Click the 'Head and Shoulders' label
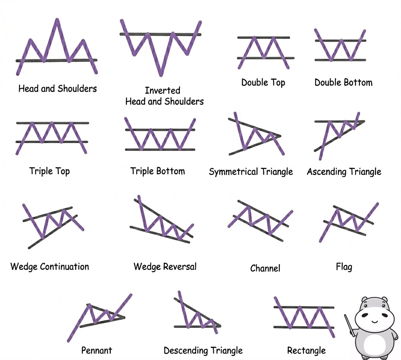click(57, 89)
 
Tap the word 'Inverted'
click(163, 90)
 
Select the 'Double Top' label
click(263, 83)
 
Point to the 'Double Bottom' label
click(344, 82)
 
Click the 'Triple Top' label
click(49, 171)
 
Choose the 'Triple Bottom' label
click(157, 171)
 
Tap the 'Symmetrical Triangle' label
click(251, 172)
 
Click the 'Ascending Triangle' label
click(344, 172)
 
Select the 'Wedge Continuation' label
click(50, 267)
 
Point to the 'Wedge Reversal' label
click(165, 267)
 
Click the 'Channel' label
click(265, 268)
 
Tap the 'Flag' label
click(344, 267)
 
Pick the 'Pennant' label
click(97, 350)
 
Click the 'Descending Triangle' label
click(203, 350)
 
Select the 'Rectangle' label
click(306, 350)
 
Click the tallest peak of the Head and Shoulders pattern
click(57, 20)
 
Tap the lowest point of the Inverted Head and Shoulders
click(161, 75)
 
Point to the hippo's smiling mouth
click(375, 321)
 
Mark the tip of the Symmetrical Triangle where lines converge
click(280, 136)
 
